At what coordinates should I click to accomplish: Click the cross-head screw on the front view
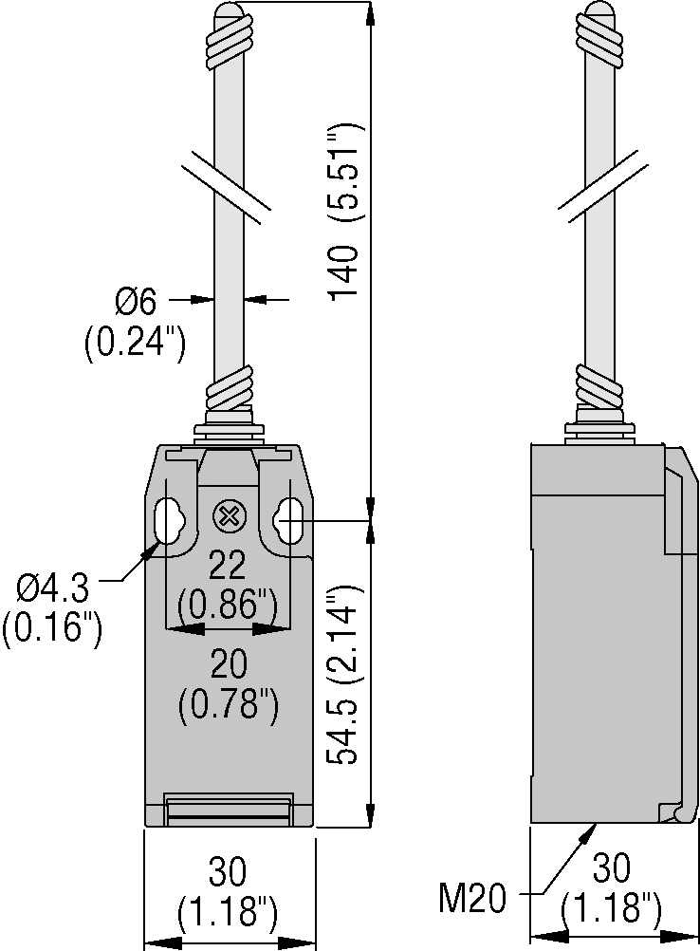coord(230,517)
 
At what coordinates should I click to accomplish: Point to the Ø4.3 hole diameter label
coord(53,587)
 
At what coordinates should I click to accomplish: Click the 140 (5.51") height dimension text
coord(345,212)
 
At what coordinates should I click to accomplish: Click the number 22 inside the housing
coord(228,567)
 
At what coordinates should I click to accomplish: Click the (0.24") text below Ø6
coord(135,344)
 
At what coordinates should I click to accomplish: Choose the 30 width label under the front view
coord(228,871)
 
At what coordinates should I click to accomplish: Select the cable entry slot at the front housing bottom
coord(229,811)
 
